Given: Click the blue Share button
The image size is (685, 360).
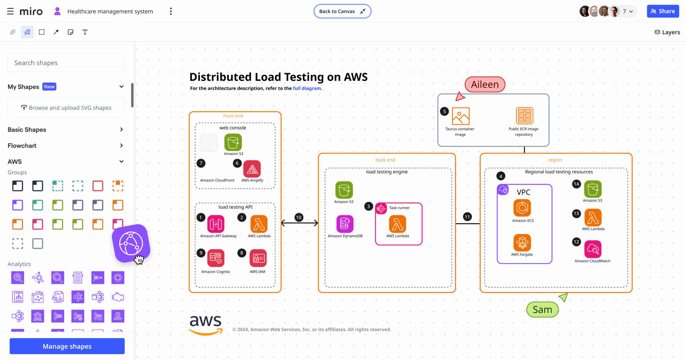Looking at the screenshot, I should pyautogui.click(x=663, y=11).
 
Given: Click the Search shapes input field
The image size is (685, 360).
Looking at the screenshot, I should pyautogui.click(x=66, y=63).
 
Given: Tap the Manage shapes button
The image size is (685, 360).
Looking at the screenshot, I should pyautogui.click(x=67, y=346).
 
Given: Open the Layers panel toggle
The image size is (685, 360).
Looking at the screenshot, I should pyautogui.click(x=667, y=32).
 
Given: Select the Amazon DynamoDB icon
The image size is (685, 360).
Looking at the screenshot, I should pyautogui.click(x=345, y=224).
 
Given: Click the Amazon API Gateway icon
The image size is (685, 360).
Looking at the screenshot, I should pyautogui.click(x=216, y=224).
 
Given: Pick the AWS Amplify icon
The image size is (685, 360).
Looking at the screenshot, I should pyautogui.click(x=252, y=169).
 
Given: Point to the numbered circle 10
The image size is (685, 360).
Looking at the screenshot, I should pyautogui.click(x=299, y=217).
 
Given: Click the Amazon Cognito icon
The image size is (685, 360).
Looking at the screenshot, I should pyautogui.click(x=216, y=258).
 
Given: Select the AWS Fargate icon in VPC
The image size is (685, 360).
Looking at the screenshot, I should pyautogui.click(x=522, y=242).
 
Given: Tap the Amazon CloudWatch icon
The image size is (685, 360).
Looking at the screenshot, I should pyautogui.click(x=593, y=249).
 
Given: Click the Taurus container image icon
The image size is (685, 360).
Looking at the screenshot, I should pyautogui.click(x=461, y=116).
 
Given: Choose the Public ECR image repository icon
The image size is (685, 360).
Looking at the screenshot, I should pyautogui.click(x=524, y=116).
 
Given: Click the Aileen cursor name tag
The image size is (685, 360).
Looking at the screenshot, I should pyautogui.click(x=485, y=85).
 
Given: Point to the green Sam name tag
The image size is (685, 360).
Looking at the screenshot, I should pyautogui.click(x=542, y=310).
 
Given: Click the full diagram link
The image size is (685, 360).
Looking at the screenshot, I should pyautogui.click(x=307, y=88).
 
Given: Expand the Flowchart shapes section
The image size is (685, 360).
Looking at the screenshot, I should pyautogui.click(x=66, y=146).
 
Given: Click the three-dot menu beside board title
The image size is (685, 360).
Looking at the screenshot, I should pyautogui.click(x=171, y=11).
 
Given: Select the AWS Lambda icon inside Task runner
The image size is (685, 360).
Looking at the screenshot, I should pyautogui.click(x=397, y=224).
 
